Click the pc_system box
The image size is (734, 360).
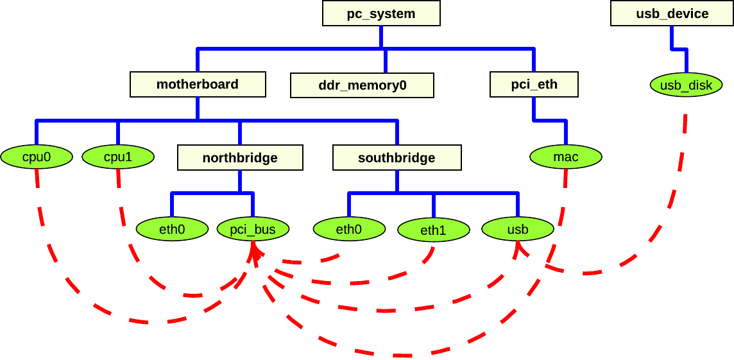pos(381,13)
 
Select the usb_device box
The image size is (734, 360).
pos(672,13)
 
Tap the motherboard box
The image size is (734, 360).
pos(198,84)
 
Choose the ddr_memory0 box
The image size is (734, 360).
pos(362,85)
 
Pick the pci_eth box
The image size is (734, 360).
pos(534,84)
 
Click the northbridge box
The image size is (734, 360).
pos(240,157)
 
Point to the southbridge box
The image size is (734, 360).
pos(397,157)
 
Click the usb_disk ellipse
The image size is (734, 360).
pos(686,85)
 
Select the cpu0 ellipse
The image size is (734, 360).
pos(36,157)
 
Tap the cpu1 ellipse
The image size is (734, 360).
pos(118,157)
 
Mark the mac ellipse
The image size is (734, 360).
pos(565,157)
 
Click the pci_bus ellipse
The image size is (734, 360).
pos(253,229)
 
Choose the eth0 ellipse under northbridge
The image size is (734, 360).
pos(172,229)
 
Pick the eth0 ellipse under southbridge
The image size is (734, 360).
pos(349,229)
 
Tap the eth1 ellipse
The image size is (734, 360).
pos(433,230)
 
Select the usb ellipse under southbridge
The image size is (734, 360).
pos(517,229)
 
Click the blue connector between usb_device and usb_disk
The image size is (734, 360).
pos(679,49)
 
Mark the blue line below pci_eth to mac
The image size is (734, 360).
pos(550,120)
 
